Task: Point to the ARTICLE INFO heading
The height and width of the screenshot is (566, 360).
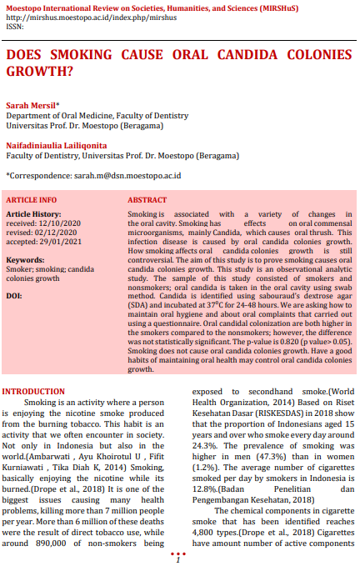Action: tap(32, 201)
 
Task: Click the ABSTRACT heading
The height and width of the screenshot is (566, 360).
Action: tap(147, 201)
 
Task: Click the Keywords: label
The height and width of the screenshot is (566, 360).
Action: tap(26, 260)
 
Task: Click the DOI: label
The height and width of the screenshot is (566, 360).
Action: tap(14, 295)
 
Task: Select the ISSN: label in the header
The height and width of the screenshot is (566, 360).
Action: tap(15, 27)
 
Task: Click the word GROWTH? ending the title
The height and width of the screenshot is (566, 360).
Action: tap(38, 72)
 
